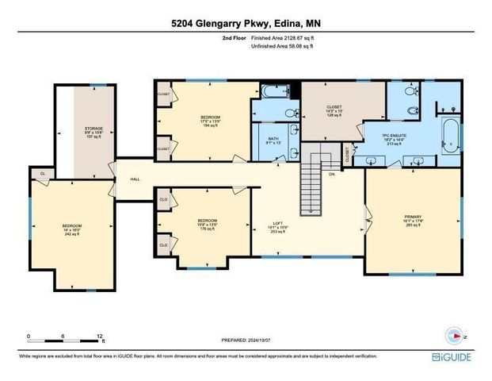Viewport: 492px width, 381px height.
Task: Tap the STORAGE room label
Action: (95, 129)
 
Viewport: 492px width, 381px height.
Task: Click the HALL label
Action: (135, 179)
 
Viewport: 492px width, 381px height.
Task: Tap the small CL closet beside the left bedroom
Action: (41, 172)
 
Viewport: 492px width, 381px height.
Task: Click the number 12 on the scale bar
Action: (100, 336)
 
